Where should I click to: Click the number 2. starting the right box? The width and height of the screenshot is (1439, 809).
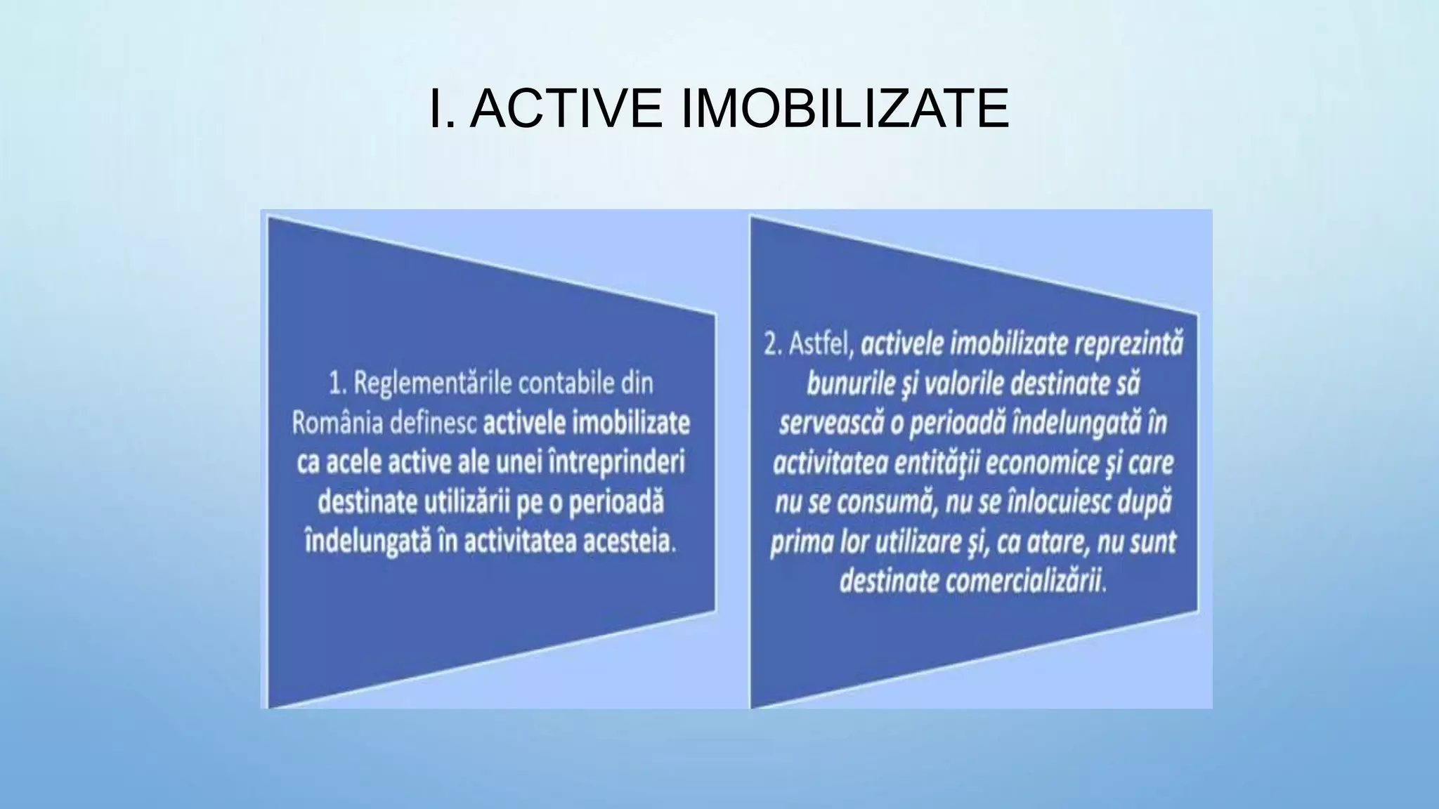[773, 345]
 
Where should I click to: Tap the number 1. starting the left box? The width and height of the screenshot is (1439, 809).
[338, 383]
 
